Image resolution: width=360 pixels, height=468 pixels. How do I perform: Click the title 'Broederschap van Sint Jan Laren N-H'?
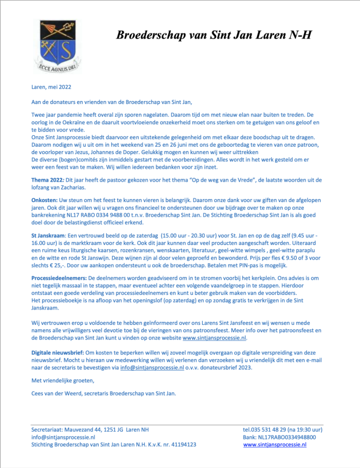[214, 35]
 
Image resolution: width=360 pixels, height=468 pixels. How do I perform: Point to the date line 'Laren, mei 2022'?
[51, 87]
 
